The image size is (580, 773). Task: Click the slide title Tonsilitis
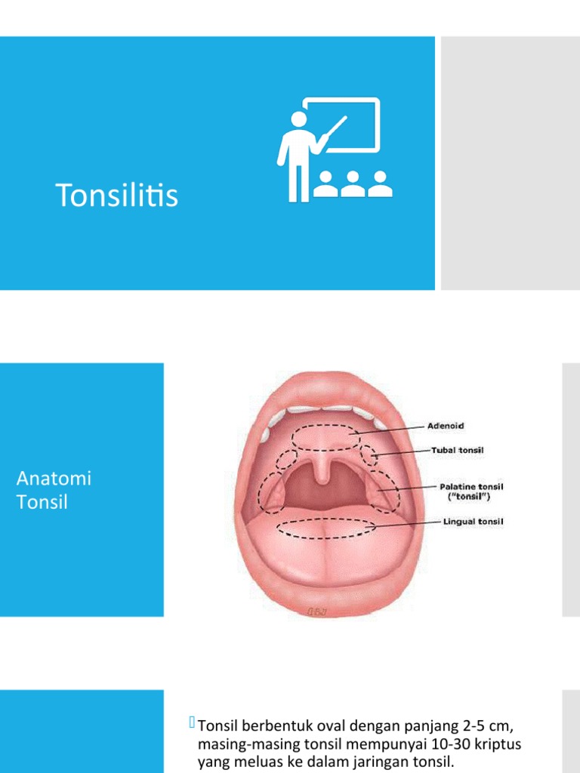117,196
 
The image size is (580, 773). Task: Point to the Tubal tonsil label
458,451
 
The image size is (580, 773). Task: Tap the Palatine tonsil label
473,487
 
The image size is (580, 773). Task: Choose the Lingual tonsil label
473,521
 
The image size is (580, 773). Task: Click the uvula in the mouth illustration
322,473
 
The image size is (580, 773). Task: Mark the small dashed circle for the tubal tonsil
369,455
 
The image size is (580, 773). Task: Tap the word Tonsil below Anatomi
42,501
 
